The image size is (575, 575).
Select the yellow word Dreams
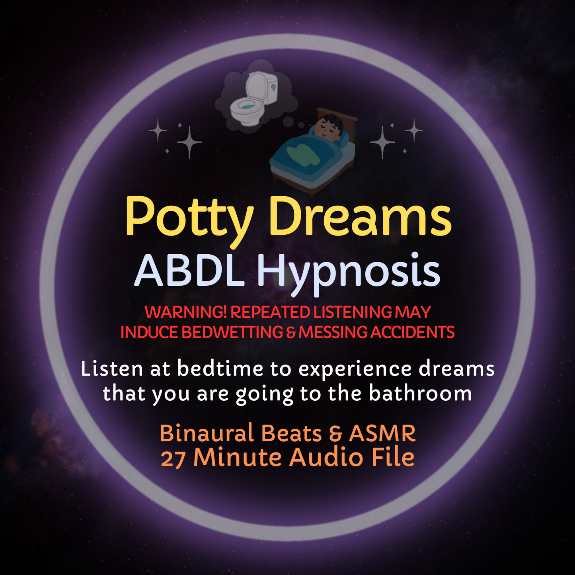click(x=360, y=217)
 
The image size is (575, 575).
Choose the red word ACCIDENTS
click(x=412, y=333)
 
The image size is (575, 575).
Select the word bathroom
click(x=420, y=394)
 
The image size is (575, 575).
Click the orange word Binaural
click(x=207, y=433)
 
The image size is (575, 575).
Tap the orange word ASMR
click(x=382, y=433)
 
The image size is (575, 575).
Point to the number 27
click(x=173, y=459)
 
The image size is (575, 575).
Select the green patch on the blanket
click(x=304, y=153)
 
